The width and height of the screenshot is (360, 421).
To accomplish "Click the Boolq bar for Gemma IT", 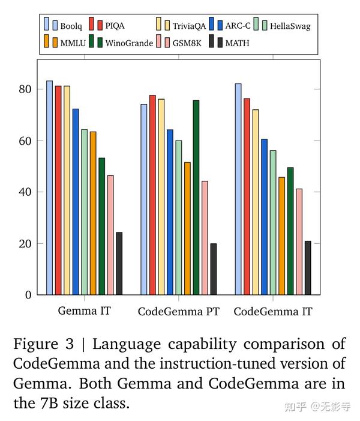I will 49,187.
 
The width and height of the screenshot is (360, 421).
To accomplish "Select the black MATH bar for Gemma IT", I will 119,263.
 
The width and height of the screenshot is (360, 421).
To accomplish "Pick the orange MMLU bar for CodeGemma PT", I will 187,228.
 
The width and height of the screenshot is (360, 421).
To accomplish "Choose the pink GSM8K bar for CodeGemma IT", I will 299,241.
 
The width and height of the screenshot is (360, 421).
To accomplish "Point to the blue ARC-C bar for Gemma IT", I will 76,202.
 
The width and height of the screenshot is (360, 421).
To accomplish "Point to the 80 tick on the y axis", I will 25,89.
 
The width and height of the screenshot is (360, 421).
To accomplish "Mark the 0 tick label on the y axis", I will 28,295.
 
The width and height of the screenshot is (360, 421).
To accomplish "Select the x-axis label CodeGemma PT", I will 178,312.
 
